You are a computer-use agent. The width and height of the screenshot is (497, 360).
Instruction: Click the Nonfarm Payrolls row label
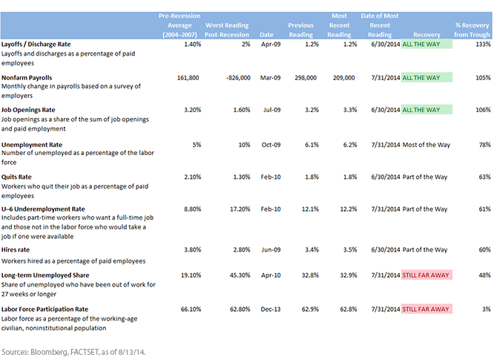click(27, 78)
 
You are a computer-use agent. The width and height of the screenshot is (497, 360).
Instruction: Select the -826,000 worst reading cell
click(238, 78)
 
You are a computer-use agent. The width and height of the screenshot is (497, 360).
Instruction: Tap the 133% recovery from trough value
click(483, 44)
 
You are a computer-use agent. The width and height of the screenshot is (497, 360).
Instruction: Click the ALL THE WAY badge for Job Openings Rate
click(427, 110)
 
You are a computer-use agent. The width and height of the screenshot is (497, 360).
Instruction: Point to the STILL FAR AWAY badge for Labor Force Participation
click(427, 309)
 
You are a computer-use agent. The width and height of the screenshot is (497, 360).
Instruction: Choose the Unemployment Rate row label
click(32, 145)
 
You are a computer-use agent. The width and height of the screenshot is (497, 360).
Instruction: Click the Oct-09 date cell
click(271, 145)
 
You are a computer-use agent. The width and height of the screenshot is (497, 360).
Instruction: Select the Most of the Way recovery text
click(427, 145)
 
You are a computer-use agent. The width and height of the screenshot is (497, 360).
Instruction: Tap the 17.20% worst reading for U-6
click(240, 209)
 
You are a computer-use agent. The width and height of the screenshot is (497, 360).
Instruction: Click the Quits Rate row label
click(16, 177)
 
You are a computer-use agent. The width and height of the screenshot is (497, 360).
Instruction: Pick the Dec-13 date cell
click(271, 309)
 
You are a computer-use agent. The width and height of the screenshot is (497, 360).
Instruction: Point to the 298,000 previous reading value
click(306, 78)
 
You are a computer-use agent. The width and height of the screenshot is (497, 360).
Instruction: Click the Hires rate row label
click(16, 249)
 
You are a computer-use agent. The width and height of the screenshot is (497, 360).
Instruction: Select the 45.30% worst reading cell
click(240, 275)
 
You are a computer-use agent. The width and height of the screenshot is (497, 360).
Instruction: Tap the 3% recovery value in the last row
click(487, 309)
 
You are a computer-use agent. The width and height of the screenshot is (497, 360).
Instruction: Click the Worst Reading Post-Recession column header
click(227, 30)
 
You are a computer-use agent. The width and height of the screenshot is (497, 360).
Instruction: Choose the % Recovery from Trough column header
click(472, 30)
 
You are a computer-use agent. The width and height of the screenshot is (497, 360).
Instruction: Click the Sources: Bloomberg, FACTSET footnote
click(73, 352)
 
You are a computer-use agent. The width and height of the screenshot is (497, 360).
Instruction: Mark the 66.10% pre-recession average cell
click(191, 309)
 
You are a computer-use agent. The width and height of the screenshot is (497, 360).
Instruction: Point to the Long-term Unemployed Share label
click(45, 275)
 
